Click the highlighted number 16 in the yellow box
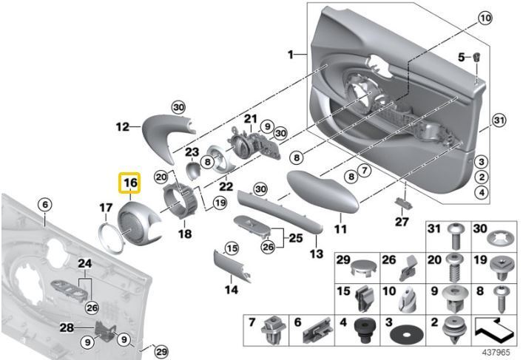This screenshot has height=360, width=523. [130, 183]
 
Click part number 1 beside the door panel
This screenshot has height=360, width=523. [291, 54]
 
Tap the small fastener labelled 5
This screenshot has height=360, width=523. [478, 56]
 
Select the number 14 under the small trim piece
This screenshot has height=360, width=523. [232, 290]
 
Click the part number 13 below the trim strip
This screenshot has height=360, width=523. [316, 254]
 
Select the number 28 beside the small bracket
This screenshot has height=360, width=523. [67, 327]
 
